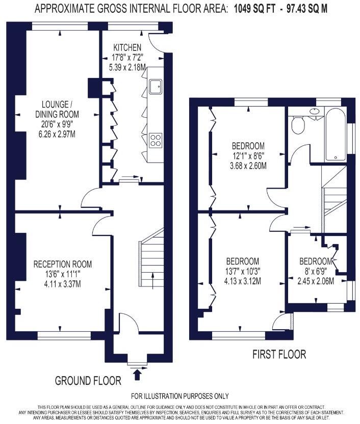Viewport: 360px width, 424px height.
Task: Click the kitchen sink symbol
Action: pos(156,85)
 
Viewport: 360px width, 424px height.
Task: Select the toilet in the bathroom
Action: pos(297,123)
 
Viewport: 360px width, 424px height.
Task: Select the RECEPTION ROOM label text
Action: pos(63,264)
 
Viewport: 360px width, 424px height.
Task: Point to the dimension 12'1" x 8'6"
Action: pos(248,155)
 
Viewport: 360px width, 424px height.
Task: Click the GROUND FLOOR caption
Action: pos(88,381)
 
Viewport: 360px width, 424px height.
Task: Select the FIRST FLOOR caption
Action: pos(279,354)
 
